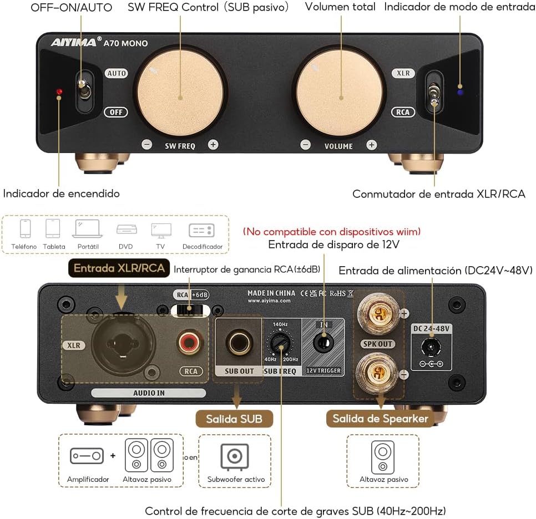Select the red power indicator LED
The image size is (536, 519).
tap(59, 91)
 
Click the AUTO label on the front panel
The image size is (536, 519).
tap(117, 73)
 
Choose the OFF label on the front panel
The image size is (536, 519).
tap(116, 112)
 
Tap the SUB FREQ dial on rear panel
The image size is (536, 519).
tap(280, 344)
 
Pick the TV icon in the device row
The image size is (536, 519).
tap(161, 230)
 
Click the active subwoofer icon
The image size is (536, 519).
tap(234, 456)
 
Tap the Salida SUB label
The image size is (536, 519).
tap(235, 419)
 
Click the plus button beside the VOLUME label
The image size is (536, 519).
tap(372, 145)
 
